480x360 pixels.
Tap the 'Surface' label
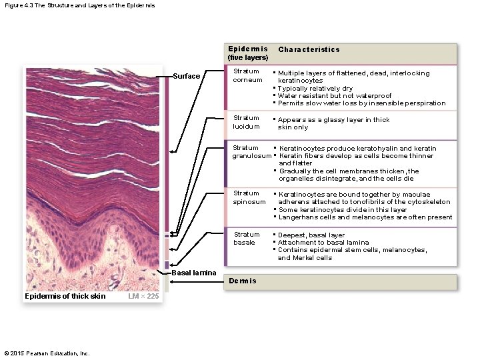pos(186,76)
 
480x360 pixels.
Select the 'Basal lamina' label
pos(194,273)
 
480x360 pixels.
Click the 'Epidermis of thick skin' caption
pos(65,296)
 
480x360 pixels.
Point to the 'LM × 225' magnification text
pos(143,296)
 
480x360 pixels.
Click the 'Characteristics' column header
pos(309,49)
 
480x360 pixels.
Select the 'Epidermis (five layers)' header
pos(248,53)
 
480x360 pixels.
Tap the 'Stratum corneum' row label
pos(246,76)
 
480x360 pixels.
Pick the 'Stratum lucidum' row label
pos(246,122)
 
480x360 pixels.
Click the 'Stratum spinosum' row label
pos(249,197)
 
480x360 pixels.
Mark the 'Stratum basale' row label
pos(247,238)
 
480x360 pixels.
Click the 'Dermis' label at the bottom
pos(242,281)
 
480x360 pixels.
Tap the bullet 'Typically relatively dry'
pos(315,89)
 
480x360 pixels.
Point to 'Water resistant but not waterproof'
pos(334,96)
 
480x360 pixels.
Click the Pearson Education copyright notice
pos(47,353)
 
